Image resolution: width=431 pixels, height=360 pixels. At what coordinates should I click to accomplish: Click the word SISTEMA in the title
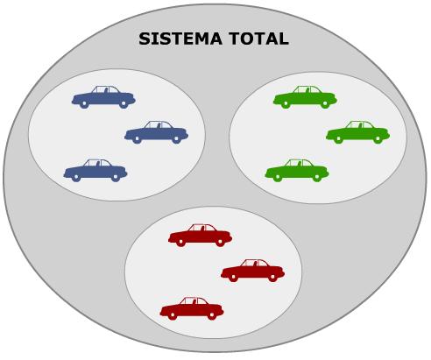click(x=180, y=39)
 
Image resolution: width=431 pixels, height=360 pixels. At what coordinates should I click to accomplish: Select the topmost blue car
click(x=103, y=97)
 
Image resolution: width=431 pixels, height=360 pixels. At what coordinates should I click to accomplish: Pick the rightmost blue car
click(x=156, y=132)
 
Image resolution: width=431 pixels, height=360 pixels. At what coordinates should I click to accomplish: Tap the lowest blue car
click(x=95, y=171)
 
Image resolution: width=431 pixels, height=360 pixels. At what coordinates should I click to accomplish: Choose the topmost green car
click(x=305, y=97)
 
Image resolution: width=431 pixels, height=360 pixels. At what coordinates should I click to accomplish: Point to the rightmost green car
click(x=357, y=132)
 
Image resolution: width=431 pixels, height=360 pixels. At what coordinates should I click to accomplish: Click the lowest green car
click(x=297, y=171)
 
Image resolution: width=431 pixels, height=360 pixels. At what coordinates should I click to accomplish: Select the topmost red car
click(x=200, y=236)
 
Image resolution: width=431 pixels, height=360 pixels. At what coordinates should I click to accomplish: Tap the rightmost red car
click(x=252, y=271)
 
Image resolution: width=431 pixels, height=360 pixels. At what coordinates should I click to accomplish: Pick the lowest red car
click(x=192, y=309)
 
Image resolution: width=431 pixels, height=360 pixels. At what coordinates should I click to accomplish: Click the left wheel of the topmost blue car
click(x=84, y=103)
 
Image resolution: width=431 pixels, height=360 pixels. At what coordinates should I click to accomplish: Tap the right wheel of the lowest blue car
click(x=116, y=177)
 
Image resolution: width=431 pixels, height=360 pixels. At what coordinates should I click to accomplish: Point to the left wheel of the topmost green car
click(x=286, y=103)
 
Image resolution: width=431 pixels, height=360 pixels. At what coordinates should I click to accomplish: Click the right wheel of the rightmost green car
click(x=378, y=138)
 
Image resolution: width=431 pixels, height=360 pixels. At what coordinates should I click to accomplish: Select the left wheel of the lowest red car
click(x=173, y=315)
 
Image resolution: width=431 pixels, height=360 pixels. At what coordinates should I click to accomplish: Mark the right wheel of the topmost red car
click(x=220, y=242)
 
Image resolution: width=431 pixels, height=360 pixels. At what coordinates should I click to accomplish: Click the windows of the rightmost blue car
click(x=159, y=125)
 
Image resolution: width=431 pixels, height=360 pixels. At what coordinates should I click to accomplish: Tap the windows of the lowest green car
click(x=299, y=163)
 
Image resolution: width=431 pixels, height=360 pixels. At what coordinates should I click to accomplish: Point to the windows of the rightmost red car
click(x=255, y=263)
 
